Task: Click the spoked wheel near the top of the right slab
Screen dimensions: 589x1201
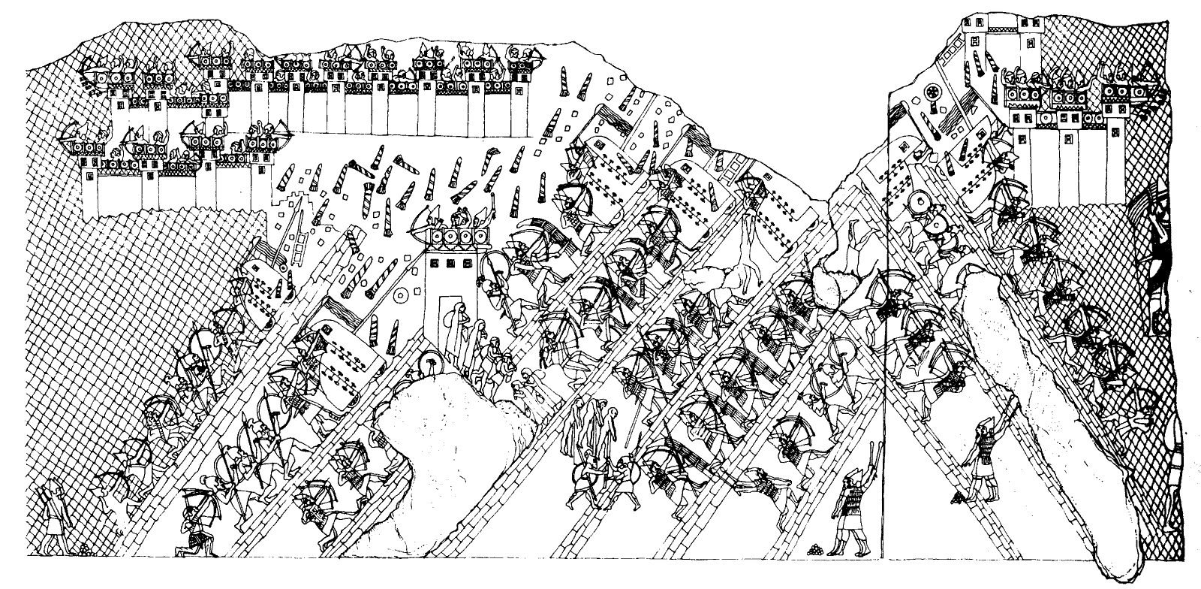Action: [x=935, y=92]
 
